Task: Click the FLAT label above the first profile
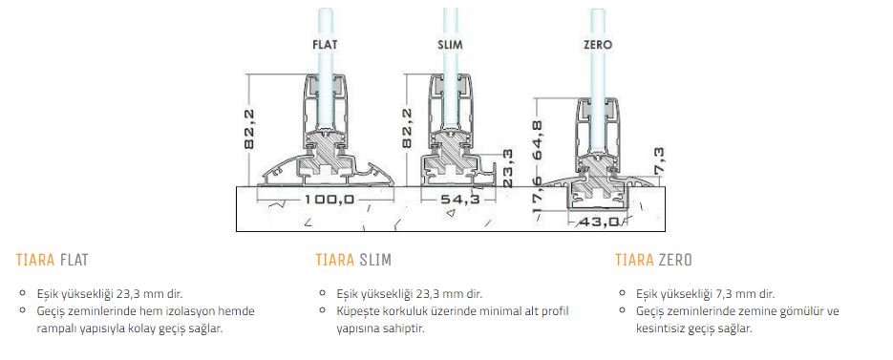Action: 325,45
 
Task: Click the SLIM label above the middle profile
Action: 451,45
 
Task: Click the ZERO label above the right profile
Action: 598,45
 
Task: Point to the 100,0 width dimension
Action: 330,200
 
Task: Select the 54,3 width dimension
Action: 459,200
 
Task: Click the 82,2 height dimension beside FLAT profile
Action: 249,129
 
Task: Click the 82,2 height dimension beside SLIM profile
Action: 407,129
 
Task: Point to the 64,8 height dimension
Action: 538,140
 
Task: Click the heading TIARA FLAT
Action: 53,261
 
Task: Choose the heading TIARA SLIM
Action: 353,261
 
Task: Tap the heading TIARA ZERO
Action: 654,261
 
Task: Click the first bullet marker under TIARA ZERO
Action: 624,293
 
